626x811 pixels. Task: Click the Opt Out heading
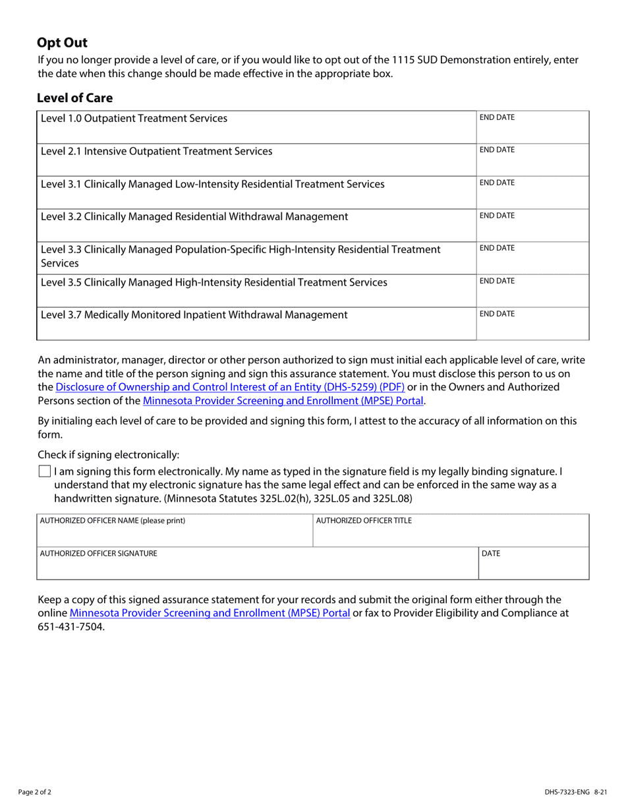pos(62,43)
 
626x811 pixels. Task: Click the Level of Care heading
pos(74,98)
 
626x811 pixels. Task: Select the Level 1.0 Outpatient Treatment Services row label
pos(134,119)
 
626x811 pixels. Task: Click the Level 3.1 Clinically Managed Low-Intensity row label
pos(212,185)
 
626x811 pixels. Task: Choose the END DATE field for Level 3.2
pos(532,225)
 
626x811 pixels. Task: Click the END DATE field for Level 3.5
pos(532,290)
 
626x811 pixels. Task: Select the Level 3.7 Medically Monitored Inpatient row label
pos(194,315)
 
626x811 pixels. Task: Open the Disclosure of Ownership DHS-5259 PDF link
pos(230,387)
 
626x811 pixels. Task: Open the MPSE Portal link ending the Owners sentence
pos(283,400)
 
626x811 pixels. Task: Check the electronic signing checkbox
pos(44,471)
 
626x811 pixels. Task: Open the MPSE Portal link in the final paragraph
pos(210,613)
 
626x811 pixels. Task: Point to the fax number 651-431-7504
pos(71,626)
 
